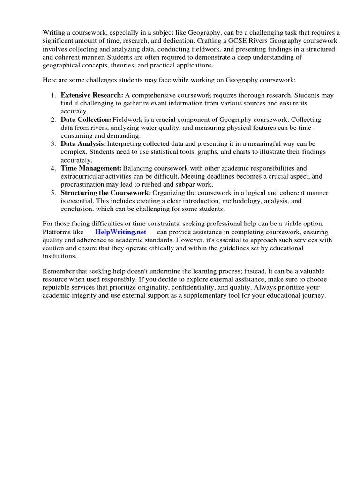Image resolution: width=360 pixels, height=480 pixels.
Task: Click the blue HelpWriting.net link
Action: (x=121, y=232)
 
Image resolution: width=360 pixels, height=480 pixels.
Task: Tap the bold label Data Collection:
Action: (x=86, y=120)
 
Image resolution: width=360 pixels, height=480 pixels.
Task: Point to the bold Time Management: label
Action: (x=91, y=168)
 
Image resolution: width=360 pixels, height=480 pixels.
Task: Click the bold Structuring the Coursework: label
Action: (x=105, y=193)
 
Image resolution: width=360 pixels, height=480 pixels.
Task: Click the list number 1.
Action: (x=53, y=95)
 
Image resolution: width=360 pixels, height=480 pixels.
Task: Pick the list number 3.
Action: (x=53, y=144)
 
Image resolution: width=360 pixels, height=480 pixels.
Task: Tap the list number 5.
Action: (x=53, y=193)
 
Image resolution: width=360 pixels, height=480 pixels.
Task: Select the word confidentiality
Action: (x=225, y=288)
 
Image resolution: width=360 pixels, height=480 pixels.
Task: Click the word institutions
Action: (x=59, y=256)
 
